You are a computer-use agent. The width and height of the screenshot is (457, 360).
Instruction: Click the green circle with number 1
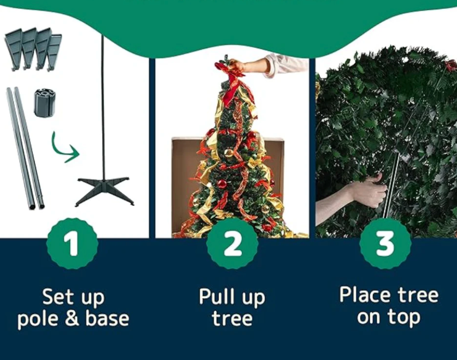72,244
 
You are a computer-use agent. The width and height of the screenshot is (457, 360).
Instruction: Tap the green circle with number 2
232,244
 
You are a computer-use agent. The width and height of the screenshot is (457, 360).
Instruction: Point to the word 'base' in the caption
107,319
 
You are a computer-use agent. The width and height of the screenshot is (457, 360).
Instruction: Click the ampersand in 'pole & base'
72,319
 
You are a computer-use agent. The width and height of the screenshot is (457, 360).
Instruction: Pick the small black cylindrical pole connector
45,103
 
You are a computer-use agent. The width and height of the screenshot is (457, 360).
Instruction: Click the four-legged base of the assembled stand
104,190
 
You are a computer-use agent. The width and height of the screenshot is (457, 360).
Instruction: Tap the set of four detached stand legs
33,48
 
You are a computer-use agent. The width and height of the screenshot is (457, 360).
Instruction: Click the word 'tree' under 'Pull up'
232,319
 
